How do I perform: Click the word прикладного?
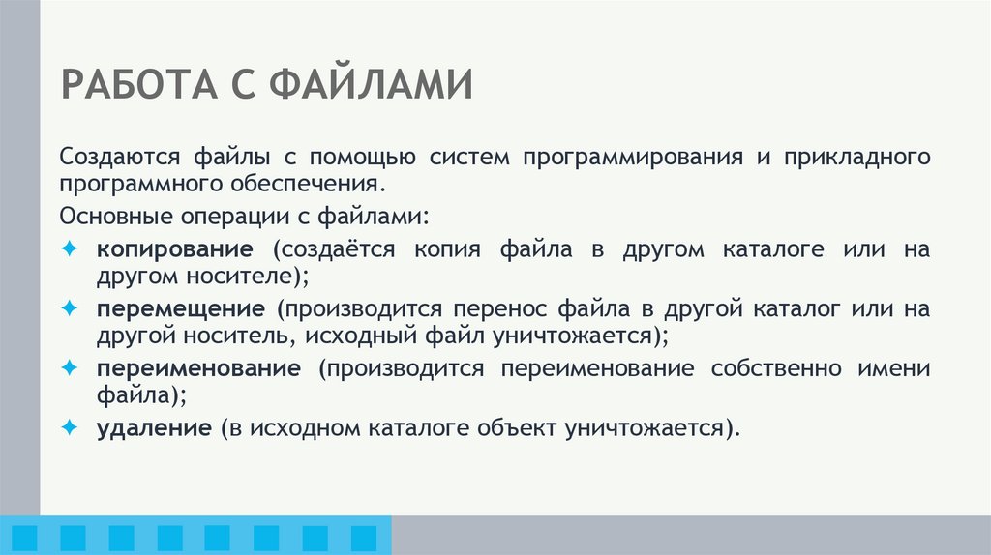(x=857, y=157)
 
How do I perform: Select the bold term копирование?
(x=175, y=248)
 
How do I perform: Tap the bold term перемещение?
(x=180, y=309)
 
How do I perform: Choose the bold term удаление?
(x=153, y=427)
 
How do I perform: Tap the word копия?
(x=449, y=248)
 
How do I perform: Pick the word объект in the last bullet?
(x=509, y=427)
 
